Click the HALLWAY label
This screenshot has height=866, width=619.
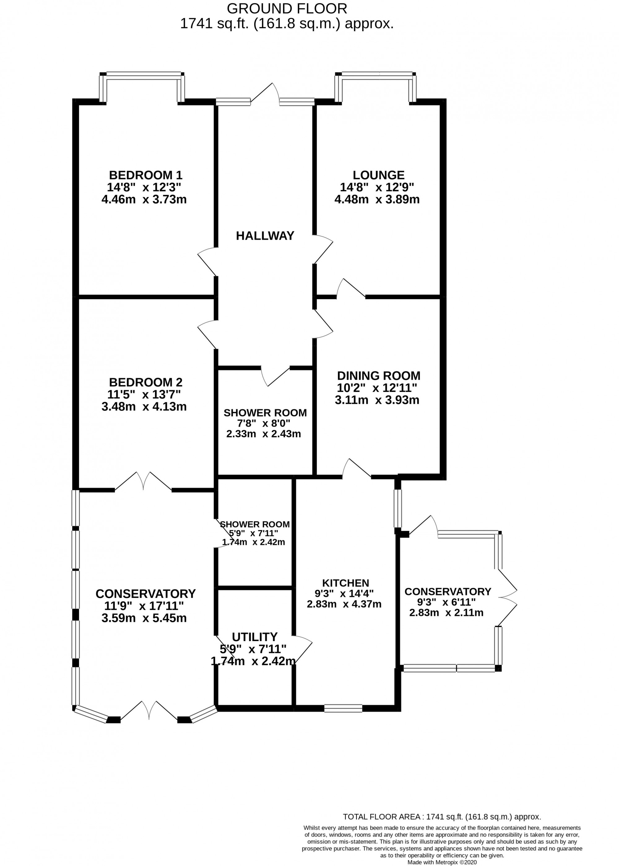(x=265, y=236)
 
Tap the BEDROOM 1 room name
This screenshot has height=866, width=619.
(x=145, y=175)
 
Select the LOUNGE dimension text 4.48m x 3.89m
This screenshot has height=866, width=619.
(x=377, y=199)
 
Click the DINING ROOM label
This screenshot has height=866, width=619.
(x=379, y=375)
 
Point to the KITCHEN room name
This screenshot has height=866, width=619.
(x=345, y=583)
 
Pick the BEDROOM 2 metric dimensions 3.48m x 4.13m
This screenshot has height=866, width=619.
(x=144, y=407)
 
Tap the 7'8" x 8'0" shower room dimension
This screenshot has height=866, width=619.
(x=263, y=423)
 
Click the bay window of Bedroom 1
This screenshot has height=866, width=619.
(x=142, y=76)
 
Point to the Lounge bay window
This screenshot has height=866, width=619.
(x=375, y=76)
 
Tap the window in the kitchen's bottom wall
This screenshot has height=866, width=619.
(x=343, y=708)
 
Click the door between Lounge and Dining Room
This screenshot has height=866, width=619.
(x=351, y=289)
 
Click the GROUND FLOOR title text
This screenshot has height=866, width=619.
(x=287, y=8)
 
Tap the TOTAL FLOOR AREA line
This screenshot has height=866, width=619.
(x=442, y=817)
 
